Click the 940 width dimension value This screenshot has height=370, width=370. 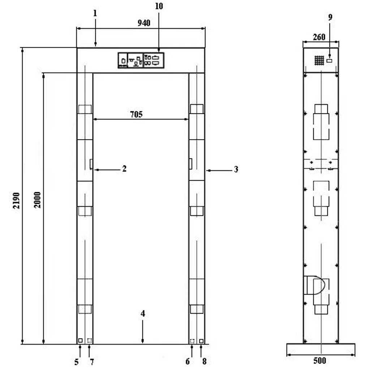coord(144,23)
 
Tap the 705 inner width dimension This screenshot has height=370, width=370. coord(136,115)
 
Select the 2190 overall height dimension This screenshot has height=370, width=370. coord(16,201)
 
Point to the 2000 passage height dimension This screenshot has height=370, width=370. coord(37,200)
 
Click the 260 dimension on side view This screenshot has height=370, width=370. coord(319,37)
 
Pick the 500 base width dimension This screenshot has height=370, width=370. coord(320,361)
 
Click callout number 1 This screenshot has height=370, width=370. coord(95,13)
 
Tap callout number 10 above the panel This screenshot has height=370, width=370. coord(159,6)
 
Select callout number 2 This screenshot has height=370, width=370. coord(124,168)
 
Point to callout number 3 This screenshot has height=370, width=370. coord(236,169)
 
